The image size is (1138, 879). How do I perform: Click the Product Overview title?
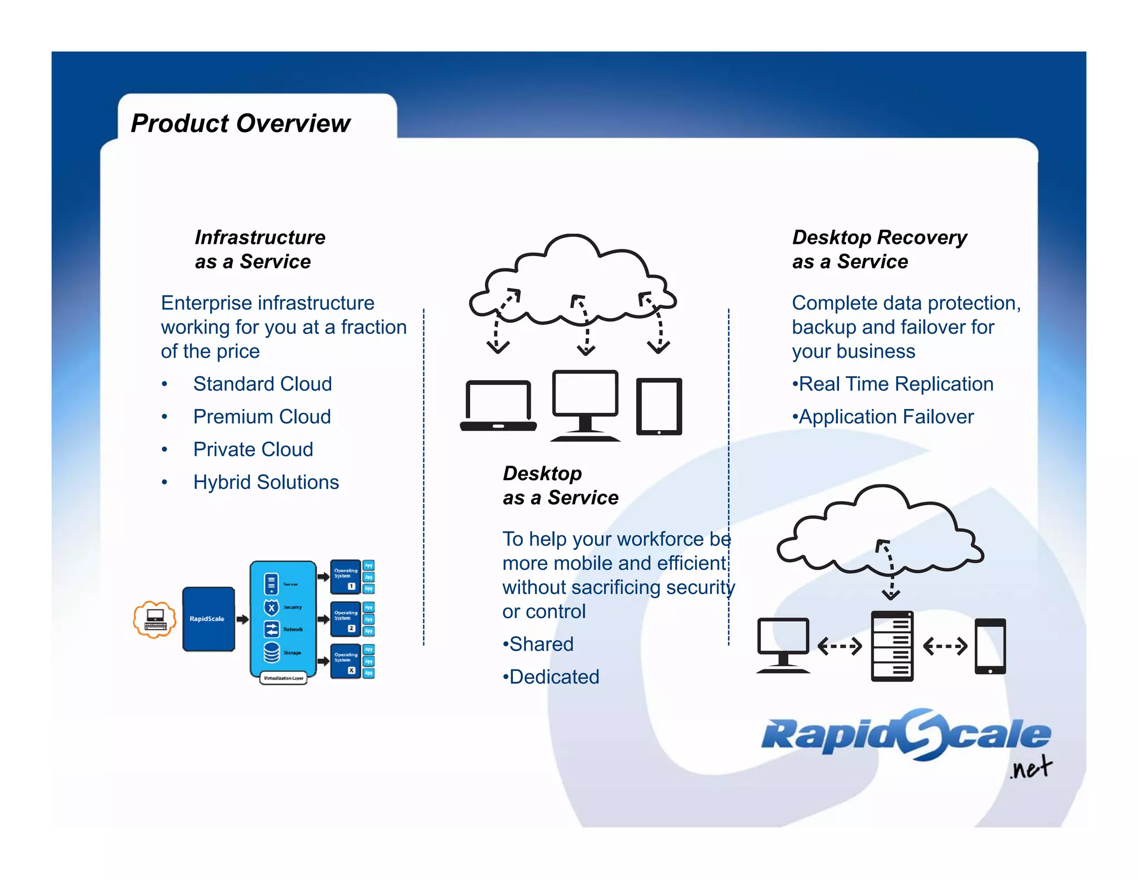240,123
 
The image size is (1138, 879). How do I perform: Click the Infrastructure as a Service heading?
259,249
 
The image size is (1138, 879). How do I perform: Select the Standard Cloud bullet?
262,384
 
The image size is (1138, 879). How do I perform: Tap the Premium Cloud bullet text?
262,417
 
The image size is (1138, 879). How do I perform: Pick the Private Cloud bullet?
253,450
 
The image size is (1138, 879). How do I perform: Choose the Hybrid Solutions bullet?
266,482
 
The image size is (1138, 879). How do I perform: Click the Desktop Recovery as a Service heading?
879,249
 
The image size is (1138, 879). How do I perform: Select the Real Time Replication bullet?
895,384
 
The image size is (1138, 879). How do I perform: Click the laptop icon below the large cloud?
498,406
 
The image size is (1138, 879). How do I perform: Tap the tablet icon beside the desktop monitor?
659,406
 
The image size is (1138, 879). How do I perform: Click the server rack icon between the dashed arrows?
892,646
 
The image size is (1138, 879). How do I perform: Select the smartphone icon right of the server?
990,646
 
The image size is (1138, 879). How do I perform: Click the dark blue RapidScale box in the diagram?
208,619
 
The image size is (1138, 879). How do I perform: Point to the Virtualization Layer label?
283,678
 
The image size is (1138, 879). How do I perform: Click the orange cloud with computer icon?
155,619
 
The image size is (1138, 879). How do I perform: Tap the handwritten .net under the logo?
1031,768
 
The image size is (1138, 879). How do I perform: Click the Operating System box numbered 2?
345,619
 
